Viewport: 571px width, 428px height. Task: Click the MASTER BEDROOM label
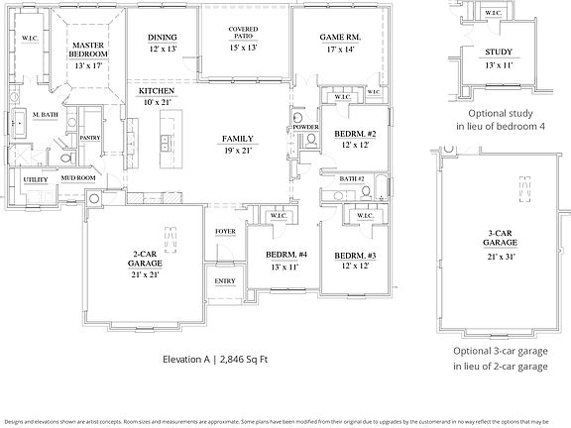[88, 50]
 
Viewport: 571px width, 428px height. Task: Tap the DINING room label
[163, 38]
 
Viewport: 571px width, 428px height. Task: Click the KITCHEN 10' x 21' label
[156, 91]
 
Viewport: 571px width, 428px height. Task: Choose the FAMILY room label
[239, 139]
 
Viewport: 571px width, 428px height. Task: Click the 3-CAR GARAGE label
[499, 235]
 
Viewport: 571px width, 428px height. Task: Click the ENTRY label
[225, 280]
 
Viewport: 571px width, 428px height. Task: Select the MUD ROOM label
[78, 178]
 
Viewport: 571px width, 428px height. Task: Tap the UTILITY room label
[36, 179]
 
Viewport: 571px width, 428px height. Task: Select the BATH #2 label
[351, 178]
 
